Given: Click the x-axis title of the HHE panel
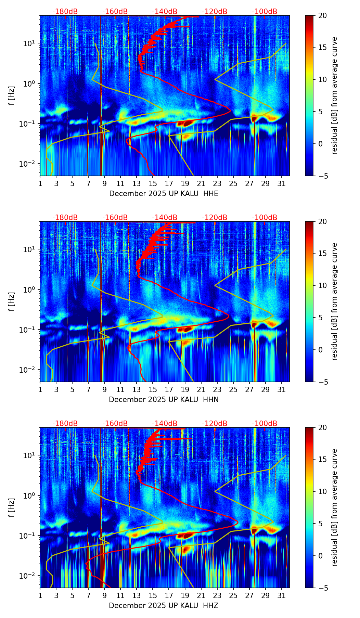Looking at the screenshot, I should (164, 194).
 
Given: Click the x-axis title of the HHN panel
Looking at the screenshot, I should (164, 400).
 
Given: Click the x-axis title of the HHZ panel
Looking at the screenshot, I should (164, 606).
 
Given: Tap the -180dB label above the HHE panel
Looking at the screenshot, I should (65, 12).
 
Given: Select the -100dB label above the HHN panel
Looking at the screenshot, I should (265, 218).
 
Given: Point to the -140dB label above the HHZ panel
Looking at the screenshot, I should (165, 424).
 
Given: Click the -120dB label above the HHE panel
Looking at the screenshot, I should (215, 12).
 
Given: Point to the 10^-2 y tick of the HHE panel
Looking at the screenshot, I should (28, 164).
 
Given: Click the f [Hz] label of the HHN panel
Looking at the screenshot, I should (12, 301).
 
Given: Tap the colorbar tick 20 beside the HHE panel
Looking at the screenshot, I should (322, 16).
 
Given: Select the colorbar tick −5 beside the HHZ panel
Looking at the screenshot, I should (322, 588).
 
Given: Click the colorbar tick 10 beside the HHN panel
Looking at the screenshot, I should (322, 285).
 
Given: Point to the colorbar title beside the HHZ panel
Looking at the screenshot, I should (334, 507).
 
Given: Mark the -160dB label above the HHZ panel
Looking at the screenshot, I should (115, 424).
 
